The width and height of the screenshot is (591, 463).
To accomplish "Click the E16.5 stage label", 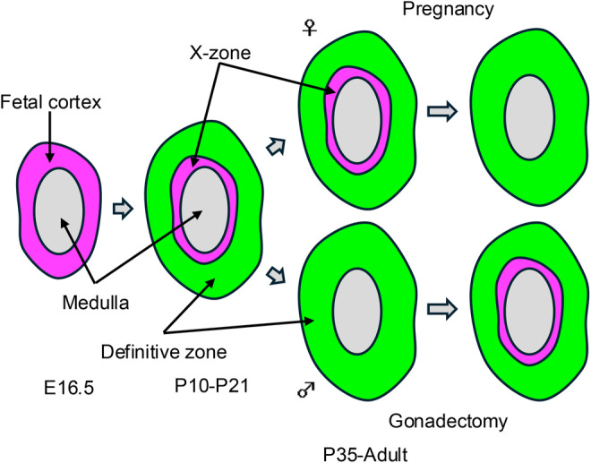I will point(61,388).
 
